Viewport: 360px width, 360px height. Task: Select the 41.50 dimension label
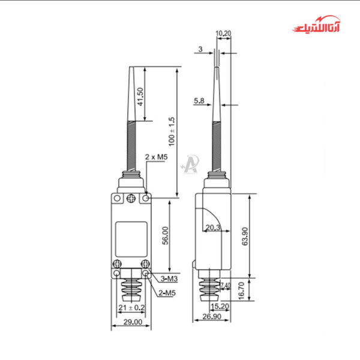(x=140, y=97)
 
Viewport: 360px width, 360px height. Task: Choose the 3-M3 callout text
(x=169, y=279)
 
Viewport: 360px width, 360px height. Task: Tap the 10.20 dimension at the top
(x=223, y=33)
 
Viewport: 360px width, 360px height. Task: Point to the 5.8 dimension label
(x=199, y=101)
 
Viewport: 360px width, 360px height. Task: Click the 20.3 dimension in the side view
(x=212, y=227)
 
